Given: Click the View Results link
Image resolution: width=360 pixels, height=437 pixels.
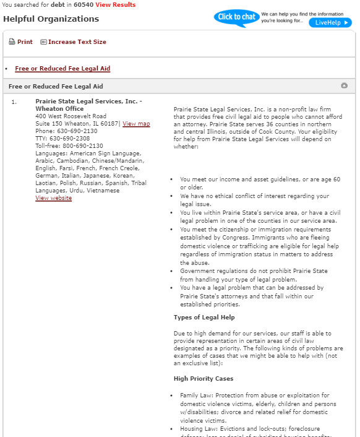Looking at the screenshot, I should (x=115, y=5).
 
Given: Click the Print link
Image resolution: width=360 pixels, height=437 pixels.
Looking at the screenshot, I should (x=25, y=42).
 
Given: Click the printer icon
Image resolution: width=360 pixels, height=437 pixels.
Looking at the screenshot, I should (x=12, y=42).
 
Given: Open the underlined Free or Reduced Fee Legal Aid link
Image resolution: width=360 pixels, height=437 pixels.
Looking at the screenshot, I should (x=62, y=69).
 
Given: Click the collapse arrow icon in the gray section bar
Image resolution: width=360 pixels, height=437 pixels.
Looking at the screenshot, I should (x=344, y=86).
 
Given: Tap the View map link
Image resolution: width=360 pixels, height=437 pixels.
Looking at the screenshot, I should (x=136, y=124).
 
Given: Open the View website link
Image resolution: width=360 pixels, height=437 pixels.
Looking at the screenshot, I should (x=53, y=198).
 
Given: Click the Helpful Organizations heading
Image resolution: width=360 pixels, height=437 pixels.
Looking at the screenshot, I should (x=51, y=19).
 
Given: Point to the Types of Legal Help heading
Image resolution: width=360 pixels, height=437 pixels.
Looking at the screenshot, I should (x=204, y=318).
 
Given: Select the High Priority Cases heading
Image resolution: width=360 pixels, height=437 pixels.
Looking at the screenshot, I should (x=204, y=378).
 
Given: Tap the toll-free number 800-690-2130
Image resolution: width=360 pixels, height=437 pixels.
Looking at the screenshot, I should (x=78, y=146).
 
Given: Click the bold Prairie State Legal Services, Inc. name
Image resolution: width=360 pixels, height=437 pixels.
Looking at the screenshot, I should (x=86, y=101).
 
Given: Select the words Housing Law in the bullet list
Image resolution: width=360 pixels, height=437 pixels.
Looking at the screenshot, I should (x=197, y=428).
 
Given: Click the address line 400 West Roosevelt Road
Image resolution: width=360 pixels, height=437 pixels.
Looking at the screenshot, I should (x=71, y=116).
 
